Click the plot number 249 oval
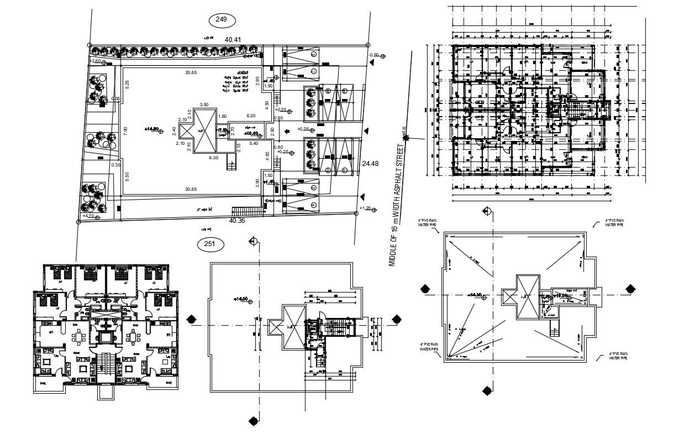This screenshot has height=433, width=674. (222, 20)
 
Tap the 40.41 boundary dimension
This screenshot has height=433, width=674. (233, 40)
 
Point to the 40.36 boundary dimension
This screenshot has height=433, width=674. (237, 221)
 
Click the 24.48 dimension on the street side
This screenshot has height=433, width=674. (371, 164)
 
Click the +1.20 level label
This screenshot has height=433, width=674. (365, 208)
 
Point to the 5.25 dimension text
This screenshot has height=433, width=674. (127, 85)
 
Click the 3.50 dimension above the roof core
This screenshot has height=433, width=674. (203, 105)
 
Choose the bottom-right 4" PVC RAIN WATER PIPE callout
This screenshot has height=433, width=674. (618, 356)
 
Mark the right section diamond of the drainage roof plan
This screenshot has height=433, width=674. (629, 289)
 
